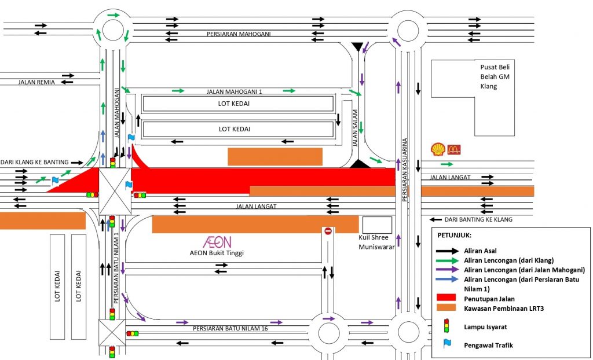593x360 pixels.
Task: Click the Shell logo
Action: pos(438,149)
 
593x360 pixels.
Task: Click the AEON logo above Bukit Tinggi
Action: pos(217,242)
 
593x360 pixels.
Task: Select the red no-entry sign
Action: pos(328,232)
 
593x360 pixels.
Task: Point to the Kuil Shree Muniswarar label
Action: pos(377,243)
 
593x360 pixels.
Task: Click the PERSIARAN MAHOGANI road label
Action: pos(239,34)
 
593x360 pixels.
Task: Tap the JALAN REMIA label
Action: pos(36,82)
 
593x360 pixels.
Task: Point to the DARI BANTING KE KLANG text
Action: pos(479,220)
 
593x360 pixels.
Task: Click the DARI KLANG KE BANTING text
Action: pos(34,162)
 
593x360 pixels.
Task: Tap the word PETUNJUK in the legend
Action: pos(455,236)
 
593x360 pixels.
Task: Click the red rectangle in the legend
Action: pos(446,297)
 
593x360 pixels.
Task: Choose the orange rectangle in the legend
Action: pos(446,308)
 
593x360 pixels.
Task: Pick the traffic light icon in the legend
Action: pos(446,326)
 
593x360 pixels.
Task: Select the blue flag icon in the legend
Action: pos(446,344)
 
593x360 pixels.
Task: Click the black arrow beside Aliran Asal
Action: pos(446,251)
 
